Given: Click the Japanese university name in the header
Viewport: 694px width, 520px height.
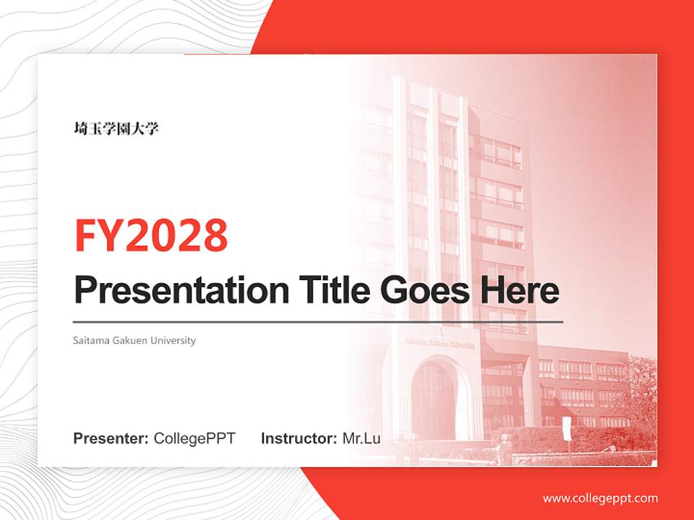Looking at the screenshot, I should click(x=116, y=129).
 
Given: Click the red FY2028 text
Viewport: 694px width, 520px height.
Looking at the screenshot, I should click(x=151, y=235).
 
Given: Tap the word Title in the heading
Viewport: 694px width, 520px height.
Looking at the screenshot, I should click(x=330, y=290).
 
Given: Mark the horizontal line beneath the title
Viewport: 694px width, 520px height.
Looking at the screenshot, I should click(x=318, y=321).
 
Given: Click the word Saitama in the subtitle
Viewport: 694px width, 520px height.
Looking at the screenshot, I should click(x=90, y=340).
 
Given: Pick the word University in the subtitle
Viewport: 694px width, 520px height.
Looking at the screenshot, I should click(x=173, y=340).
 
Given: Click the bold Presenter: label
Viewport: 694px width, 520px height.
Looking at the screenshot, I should click(x=111, y=438).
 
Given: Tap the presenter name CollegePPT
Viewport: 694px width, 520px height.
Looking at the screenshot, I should click(x=194, y=438).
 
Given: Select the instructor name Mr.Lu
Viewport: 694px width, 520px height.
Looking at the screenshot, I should click(x=361, y=438).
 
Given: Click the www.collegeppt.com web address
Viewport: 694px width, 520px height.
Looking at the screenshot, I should click(x=600, y=498).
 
